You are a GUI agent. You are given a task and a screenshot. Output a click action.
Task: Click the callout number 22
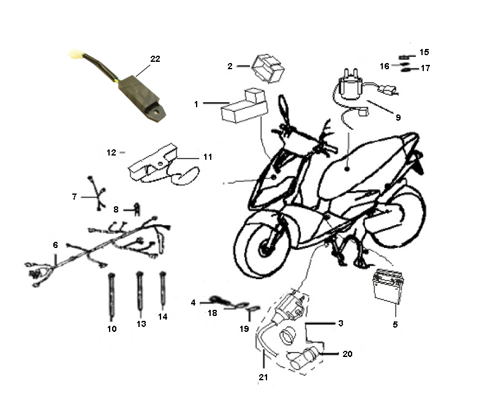pyautogui.click(x=155, y=59)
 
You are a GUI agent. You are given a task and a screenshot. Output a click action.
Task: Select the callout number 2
pyautogui.click(x=230, y=66)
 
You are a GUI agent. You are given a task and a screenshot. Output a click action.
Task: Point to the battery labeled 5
pyautogui.click(x=387, y=285)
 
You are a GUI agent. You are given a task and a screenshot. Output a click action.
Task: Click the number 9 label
pyautogui.click(x=398, y=118)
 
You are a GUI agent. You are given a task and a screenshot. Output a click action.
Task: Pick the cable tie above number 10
pyautogui.click(x=111, y=296)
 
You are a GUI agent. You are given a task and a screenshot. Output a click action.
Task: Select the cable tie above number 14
pyautogui.click(x=162, y=288)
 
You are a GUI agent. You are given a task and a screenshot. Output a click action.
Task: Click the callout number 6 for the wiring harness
pyautogui.click(x=55, y=245)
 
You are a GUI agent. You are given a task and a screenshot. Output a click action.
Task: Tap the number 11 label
pyautogui.click(x=208, y=157)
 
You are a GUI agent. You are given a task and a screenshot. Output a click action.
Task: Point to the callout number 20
pyautogui.click(x=347, y=354)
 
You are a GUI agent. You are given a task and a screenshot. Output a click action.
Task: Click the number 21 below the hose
pyautogui.click(x=263, y=377)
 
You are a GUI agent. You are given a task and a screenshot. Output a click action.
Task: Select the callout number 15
pyautogui.click(x=424, y=52)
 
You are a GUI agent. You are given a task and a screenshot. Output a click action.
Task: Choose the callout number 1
pyautogui.click(x=196, y=104)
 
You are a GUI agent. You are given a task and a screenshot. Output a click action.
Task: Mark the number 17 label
pyautogui.click(x=425, y=68)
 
